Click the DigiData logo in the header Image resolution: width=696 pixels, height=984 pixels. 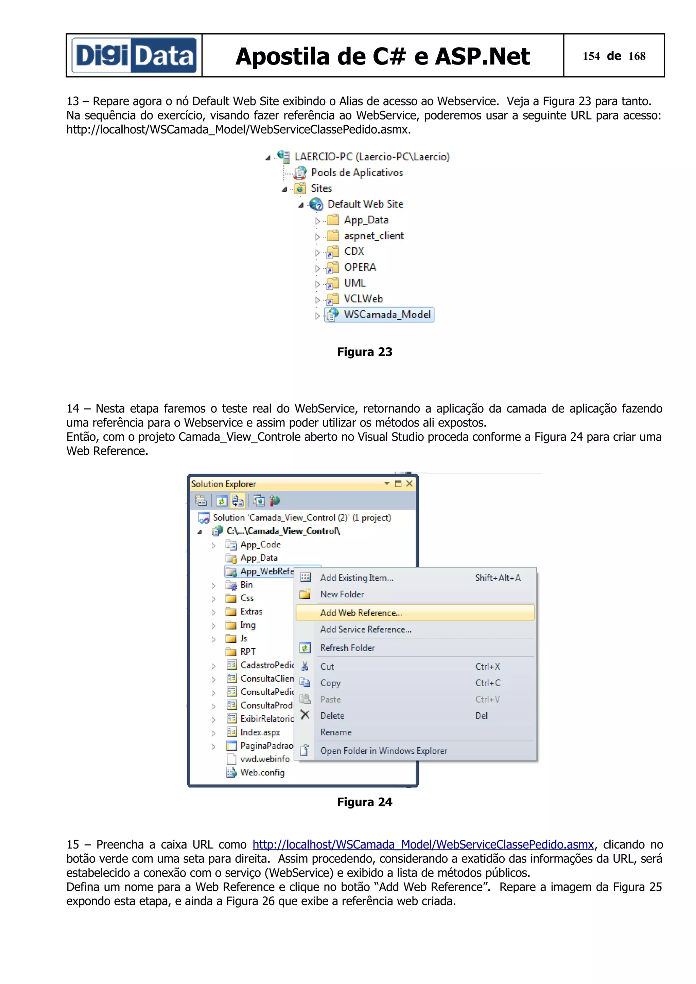click(134, 56)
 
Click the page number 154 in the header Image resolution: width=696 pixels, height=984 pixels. click(591, 56)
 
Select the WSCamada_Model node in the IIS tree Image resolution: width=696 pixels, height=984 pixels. click(387, 314)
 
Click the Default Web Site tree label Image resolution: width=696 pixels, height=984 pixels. click(365, 204)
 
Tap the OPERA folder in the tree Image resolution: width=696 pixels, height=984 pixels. click(360, 267)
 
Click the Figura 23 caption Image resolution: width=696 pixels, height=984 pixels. click(365, 352)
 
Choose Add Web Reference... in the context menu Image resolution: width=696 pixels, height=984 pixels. click(361, 613)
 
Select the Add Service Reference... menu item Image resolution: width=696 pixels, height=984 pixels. click(365, 629)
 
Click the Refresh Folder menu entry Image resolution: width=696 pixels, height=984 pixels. click(347, 648)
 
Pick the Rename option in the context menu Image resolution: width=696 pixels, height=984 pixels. click(336, 732)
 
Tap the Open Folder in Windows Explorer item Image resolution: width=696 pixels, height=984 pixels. click(383, 751)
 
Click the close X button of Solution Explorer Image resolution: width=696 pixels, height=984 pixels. click(410, 484)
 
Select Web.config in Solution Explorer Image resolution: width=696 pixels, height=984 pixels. click(262, 772)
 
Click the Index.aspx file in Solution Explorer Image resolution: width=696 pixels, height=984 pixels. click(260, 732)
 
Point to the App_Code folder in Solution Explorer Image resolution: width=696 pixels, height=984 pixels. click(260, 544)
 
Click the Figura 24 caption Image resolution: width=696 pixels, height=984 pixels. click(365, 802)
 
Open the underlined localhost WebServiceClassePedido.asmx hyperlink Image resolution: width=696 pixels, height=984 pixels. click(423, 844)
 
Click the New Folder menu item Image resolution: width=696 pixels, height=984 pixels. click(342, 594)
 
